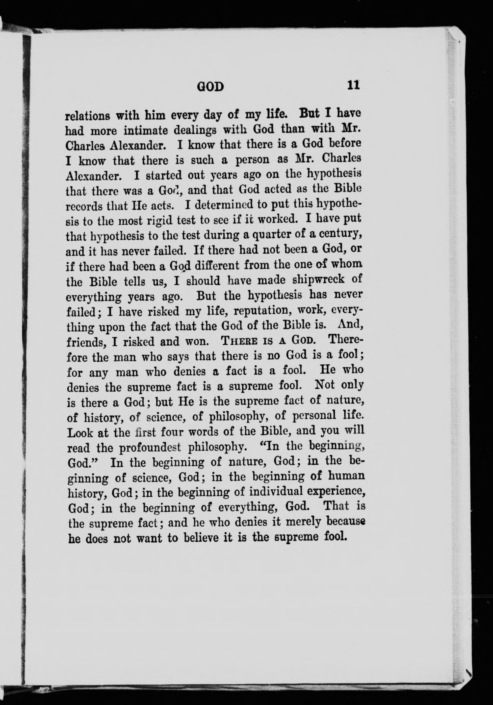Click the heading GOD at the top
(210, 87)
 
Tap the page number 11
(353, 85)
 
